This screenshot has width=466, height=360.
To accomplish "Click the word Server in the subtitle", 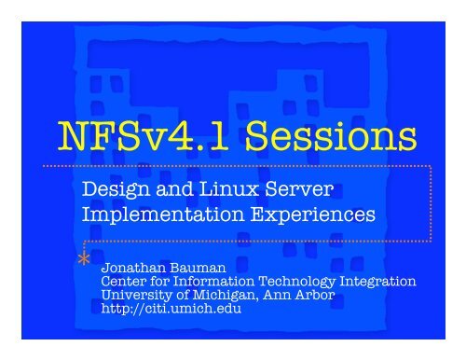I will click(x=300, y=190).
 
